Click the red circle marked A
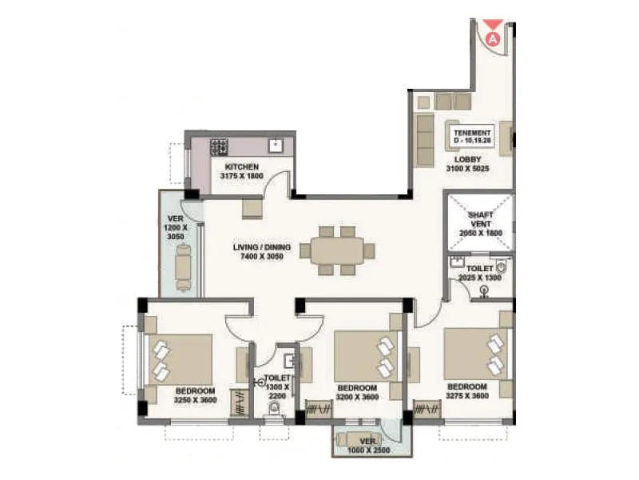[493, 37]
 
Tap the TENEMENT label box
[473, 134]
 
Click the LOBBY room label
[468, 159]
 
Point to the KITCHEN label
[241, 166]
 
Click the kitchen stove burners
[219, 146]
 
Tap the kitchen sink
[276, 146]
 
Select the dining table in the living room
[336, 250]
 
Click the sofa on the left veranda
[184, 266]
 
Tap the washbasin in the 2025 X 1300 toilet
[457, 262]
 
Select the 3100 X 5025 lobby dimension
[467, 169]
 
